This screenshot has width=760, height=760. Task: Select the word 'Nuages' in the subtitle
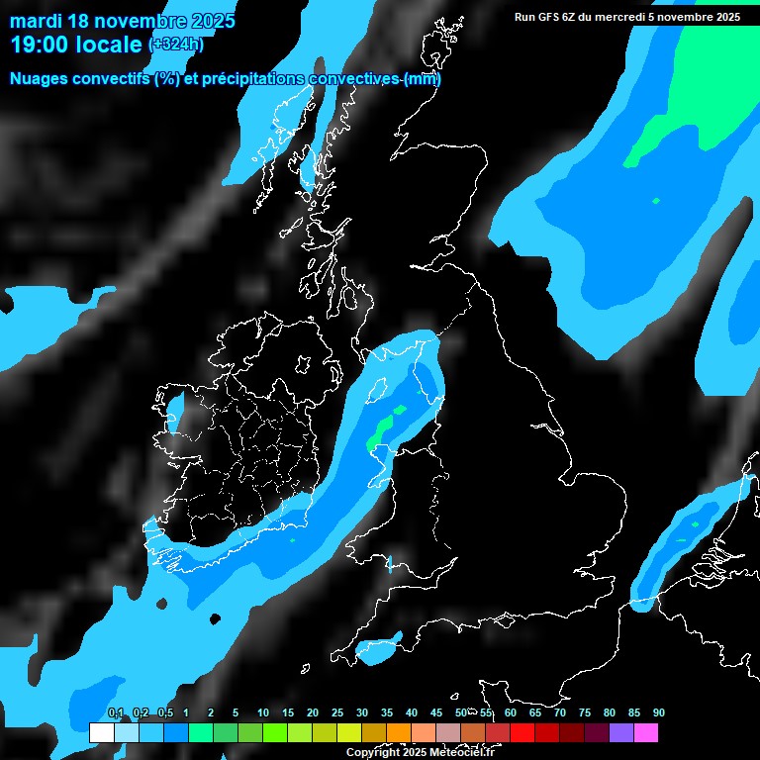(x=39, y=79)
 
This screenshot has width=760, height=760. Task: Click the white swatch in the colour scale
(x=101, y=732)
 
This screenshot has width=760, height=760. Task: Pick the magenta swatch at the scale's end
(x=645, y=732)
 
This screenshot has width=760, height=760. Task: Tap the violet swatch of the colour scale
(x=620, y=732)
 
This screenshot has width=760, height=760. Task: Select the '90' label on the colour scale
(x=658, y=712)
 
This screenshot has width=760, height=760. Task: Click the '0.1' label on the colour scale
(x=115, y=712)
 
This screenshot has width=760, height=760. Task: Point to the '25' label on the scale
(x=337, y=712)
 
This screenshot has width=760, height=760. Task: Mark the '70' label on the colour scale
(x=559, y=712)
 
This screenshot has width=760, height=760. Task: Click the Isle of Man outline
(x=377, y=390)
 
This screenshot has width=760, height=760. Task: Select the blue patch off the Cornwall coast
(x=377, y=648)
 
